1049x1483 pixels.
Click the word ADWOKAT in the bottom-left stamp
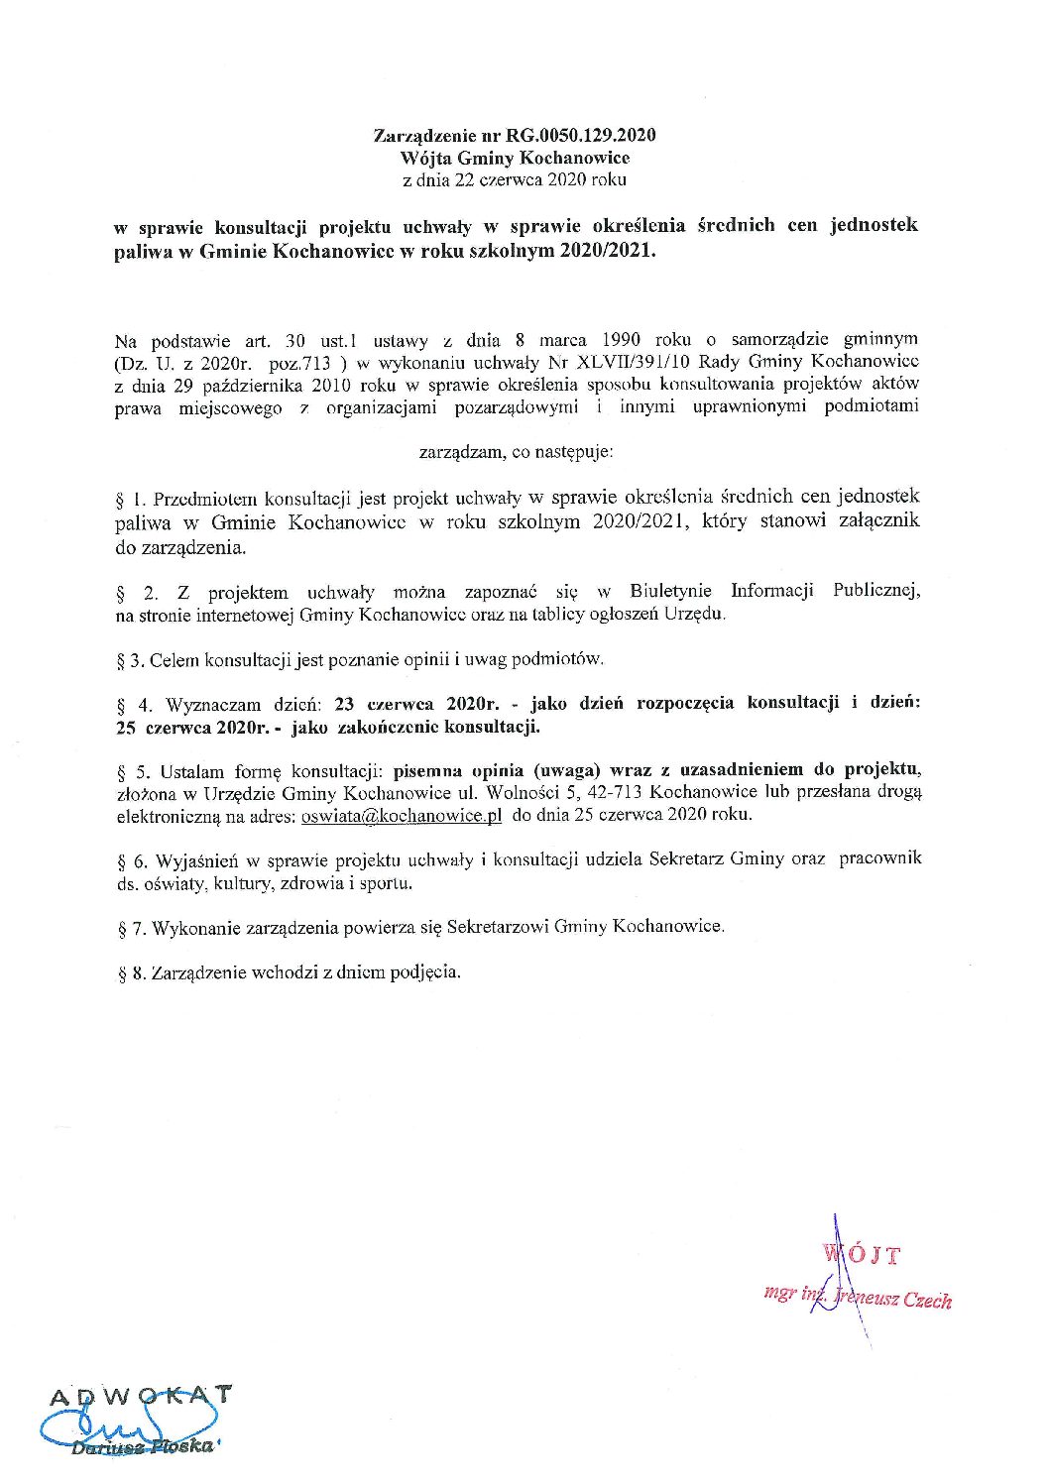coord(142,1395)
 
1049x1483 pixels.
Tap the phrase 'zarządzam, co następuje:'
coord(517,452)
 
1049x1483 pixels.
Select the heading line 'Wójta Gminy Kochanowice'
coord(516,158)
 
